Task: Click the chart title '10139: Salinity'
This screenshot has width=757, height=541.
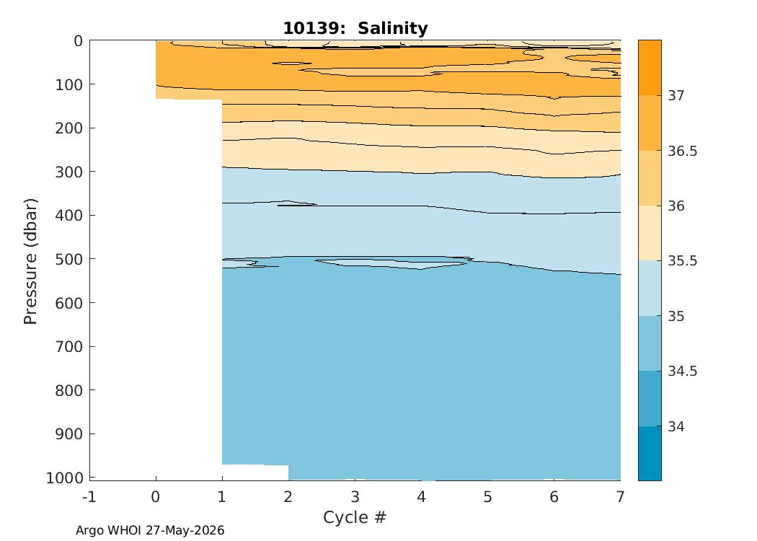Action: tap(355, 28)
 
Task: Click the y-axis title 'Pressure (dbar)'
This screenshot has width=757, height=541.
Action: tap(30, 261)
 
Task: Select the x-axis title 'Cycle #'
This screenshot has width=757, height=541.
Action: tap(355, 517)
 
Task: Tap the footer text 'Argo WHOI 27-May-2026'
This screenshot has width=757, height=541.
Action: tap(150, 530)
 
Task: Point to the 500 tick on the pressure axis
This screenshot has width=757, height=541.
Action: tap(90, 259)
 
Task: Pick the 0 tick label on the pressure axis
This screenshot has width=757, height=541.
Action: tap(78, 41)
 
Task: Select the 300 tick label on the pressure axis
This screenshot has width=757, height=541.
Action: tap(69, 172)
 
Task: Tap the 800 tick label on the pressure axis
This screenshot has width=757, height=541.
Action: tap(69, 390)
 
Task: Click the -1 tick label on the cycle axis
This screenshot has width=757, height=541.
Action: tap(89, 496)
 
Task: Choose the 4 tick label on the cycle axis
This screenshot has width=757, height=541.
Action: tap(422, 496)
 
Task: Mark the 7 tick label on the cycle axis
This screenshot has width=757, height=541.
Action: tap(620, 496)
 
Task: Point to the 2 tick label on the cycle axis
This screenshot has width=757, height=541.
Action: tap(288, 496)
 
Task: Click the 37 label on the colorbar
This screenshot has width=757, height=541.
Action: tap(676, 96)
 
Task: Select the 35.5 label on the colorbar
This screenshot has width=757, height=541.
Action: tap(683, 261)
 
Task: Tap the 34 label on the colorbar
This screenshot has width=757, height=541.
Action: tap(676, 426)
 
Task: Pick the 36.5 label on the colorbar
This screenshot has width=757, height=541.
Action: tap(683, 151)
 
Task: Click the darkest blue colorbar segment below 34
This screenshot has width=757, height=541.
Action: tap(650, 454)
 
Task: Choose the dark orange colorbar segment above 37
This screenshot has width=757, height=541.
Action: tap(650, 68)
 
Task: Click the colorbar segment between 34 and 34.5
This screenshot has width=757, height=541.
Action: tap(650, 399)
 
